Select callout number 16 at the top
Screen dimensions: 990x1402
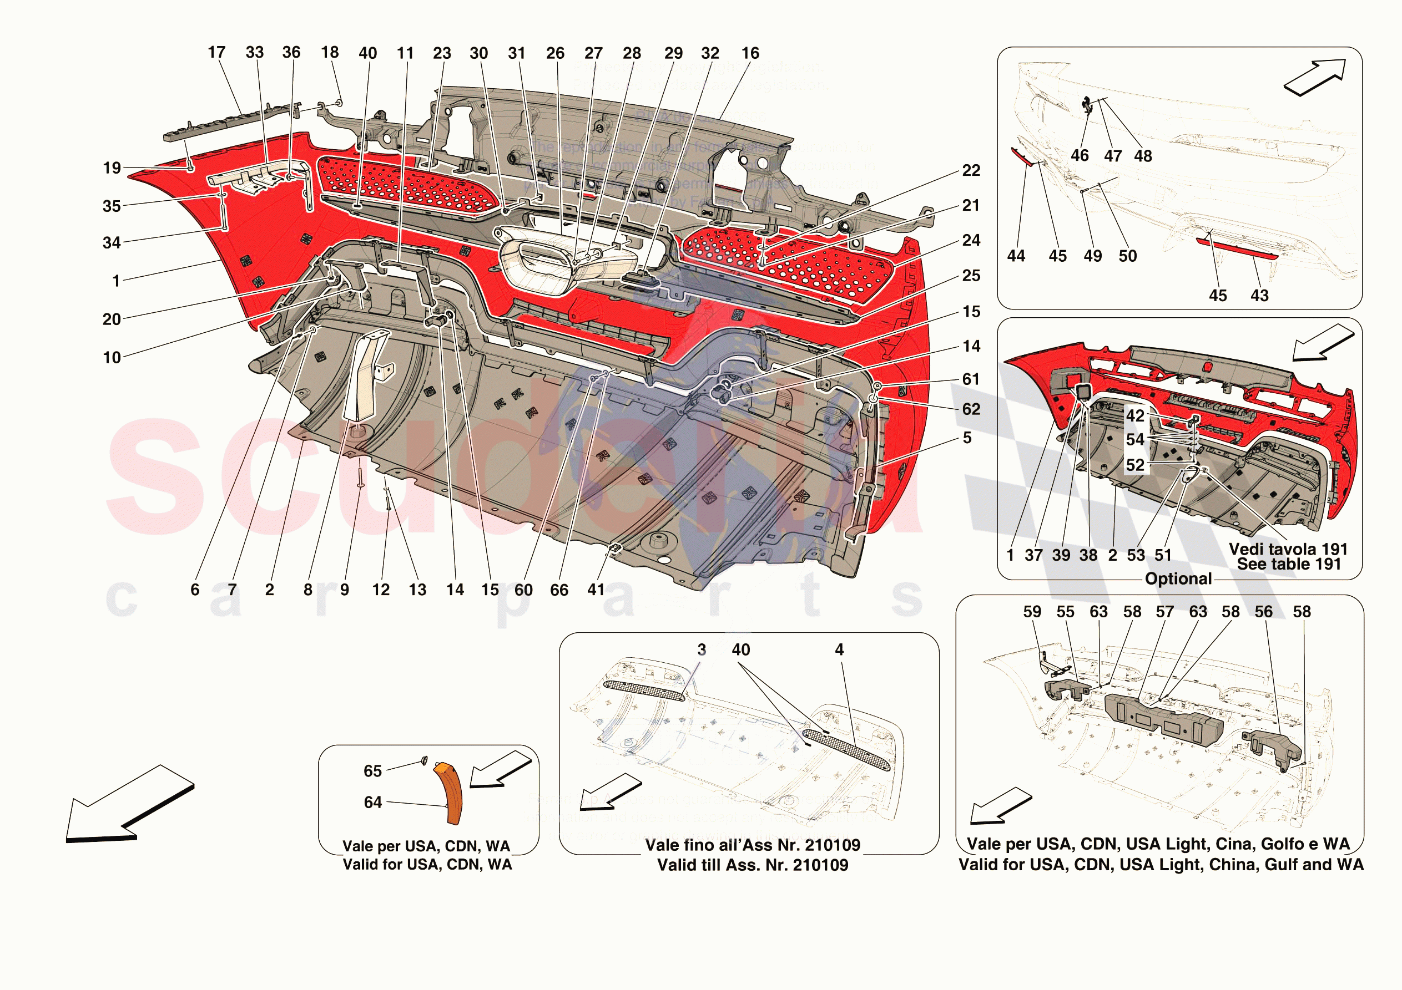pyautogui.click(x=750, y=53)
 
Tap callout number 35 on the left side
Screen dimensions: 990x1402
pyautogui.click(x=112, y=206)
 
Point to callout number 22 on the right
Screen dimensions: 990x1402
pyautogui.click(x=971, y=170)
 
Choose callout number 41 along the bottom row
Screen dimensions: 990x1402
pyautogui.click(x=596, y=590)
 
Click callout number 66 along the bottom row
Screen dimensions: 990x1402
pyautogui.click(x=559, y=590)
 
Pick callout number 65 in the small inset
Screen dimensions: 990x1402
pyautogui.click(x=372, y=771)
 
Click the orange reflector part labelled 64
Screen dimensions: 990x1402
pyautogui.click(x=450, y=793)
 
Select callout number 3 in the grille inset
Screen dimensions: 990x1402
pyautogui.click(x=702, y=649)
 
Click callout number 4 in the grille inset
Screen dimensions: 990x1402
pyautogui.click(x=840, y=649)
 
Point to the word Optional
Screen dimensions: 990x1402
pyautogui.click(x=1178, y=578)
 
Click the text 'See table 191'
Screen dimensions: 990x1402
pyautogui.click(x=1288, y=564)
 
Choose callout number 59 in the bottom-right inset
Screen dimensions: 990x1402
pyautogui.click(x=1032, y=612)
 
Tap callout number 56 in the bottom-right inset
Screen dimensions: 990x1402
pyautogui.click(x=1263, y=612)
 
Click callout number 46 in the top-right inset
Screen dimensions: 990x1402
pyautogui.click(x=1080, y=156)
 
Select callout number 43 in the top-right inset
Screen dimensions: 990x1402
pyautogui.click(x=1260, y=296)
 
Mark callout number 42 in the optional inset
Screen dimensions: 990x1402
pyautogui.click(x=1135, y=415)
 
